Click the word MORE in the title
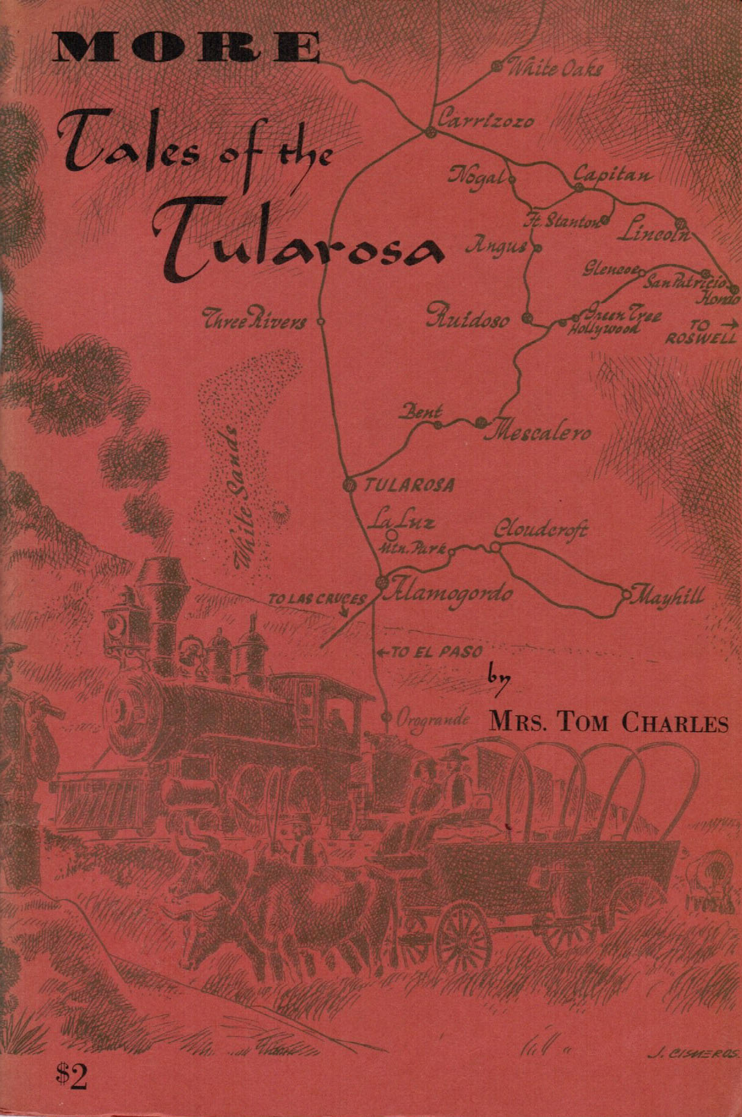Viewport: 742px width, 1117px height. point(186,48)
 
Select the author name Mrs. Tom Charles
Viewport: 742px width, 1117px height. point(609,723)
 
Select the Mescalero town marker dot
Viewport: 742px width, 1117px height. point(481,421)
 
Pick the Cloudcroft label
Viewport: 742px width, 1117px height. point(540,529)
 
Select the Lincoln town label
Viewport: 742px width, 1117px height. point(653,233)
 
